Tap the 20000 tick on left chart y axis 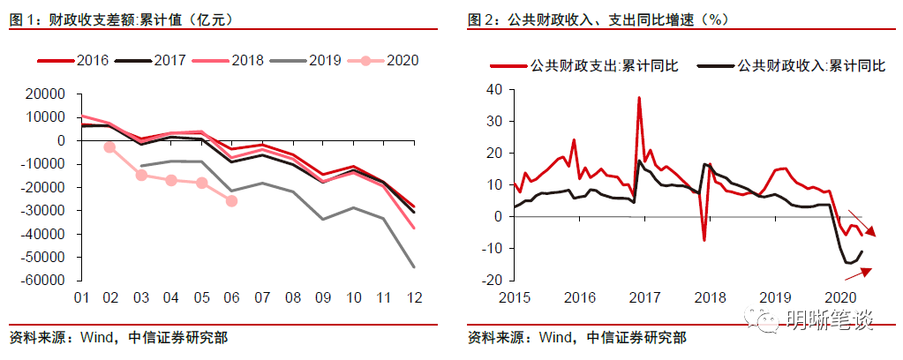click(46, 94)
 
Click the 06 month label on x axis click(232, 297)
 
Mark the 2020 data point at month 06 click(231, 201)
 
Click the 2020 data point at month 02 click(109, 147)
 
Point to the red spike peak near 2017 click(639, 98)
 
